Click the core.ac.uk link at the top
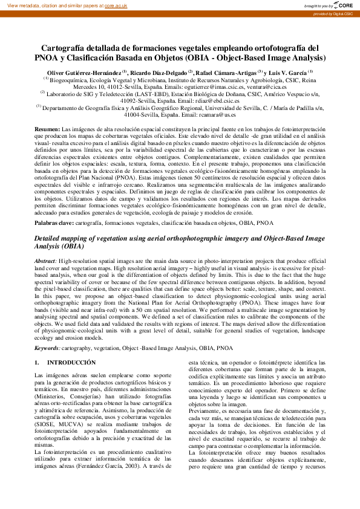coord(116,5)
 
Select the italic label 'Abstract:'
coord(46,259)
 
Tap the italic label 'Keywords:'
coord(47,348)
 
